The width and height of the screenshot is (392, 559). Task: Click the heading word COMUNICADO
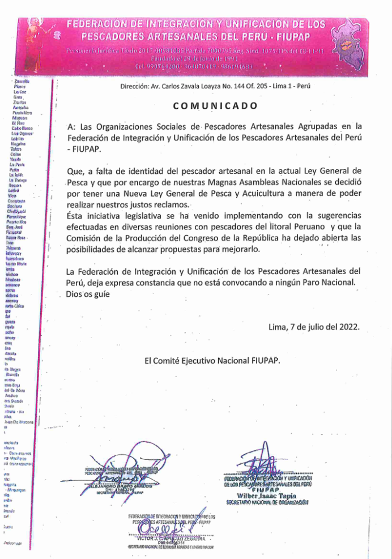click(x=215, y=106)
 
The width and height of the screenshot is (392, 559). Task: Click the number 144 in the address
click(x=257, y=86)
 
